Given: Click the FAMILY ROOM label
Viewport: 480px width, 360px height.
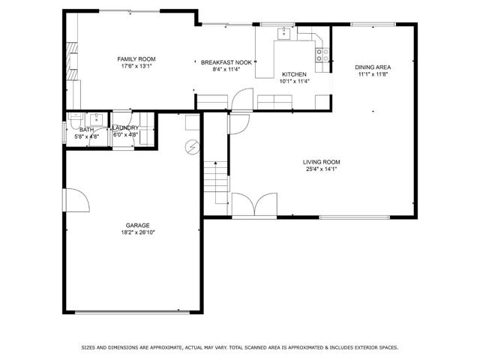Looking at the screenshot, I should click(136, 58).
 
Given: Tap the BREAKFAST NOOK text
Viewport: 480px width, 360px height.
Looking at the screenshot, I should click(226, 63).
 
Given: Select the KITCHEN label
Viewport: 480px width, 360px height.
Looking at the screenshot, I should click(293, 74).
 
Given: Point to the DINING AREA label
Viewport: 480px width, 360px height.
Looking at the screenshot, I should click(373, 67).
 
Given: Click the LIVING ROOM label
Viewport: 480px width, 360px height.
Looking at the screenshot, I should click(322, 162).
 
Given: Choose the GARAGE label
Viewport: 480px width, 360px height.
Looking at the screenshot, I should click(137, 225).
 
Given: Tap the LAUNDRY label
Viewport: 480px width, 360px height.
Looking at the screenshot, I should click(125, 128).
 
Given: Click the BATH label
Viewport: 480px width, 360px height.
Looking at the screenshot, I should click(86, 130).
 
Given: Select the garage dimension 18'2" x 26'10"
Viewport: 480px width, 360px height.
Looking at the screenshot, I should click(137, 232).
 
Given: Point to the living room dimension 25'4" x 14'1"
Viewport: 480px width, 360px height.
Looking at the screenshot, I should click(322, 169).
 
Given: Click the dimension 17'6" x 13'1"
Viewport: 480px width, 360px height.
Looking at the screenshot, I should click(136, 66).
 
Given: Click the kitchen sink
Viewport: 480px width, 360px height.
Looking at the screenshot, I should click(285, 33).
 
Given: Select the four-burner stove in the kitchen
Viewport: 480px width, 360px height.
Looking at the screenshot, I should click(322, 54).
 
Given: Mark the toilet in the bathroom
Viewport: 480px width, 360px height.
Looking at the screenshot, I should click(76, 120).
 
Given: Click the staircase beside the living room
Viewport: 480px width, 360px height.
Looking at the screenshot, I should click(215, 177).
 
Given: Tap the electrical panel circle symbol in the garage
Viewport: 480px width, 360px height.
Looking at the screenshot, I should click(192, 147).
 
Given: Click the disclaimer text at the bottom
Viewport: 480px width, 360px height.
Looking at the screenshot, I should click(240, 347).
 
